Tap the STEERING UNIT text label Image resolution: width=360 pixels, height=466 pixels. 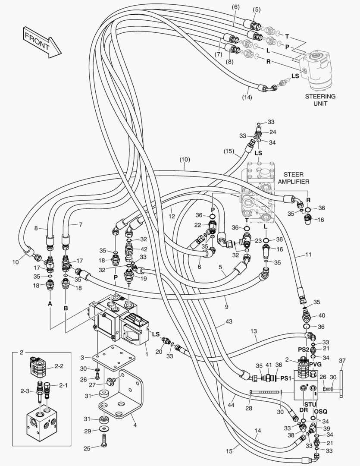pyautogui.click(x=320, y=100)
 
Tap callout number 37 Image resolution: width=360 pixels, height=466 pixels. pyautogui.click(x=342, y=361)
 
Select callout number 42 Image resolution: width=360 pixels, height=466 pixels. pyautogui.click(x=143, y=249)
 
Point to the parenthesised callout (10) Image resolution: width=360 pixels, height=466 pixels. pyautogui.click(x=185, y=159)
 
